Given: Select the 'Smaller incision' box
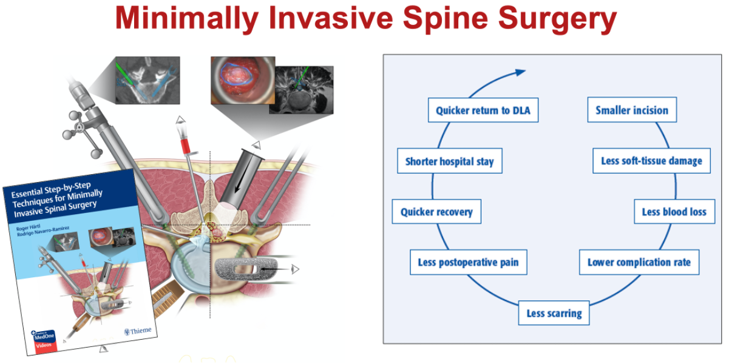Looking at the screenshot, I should [631, 110].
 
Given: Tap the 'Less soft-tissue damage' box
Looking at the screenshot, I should [651, 161].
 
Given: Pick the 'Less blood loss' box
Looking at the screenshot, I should [674, 212].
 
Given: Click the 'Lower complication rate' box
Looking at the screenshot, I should [639, 263].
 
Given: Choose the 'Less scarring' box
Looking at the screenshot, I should [554, 313].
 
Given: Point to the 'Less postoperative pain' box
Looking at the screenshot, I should [468, 263].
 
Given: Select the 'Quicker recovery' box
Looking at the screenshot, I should [436, 212].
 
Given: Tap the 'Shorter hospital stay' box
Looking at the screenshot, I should [449, 162].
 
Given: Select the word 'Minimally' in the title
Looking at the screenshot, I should [186, 19].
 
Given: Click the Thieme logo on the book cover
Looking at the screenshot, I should [137, 331].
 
